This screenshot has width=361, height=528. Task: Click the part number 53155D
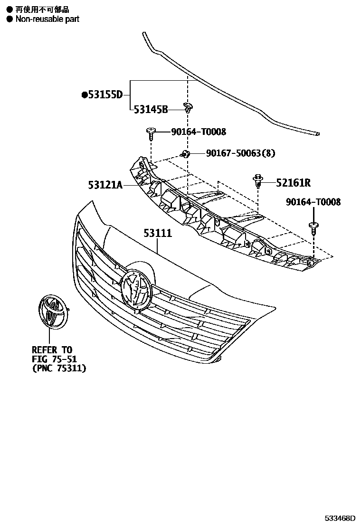105,95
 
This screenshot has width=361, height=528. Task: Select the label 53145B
151,110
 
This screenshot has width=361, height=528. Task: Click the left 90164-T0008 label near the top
199,132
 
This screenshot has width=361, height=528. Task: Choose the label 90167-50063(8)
240,153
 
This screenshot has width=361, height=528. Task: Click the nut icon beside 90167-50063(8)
185,153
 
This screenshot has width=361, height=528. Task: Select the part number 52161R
293,182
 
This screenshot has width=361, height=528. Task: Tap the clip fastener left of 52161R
258,181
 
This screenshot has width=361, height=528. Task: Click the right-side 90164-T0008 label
313,202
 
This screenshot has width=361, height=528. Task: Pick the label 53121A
105,184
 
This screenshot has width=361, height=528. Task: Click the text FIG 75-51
54,359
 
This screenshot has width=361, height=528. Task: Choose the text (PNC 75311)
59,368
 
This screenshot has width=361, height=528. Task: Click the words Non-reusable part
47,19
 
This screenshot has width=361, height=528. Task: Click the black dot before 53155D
85,95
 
